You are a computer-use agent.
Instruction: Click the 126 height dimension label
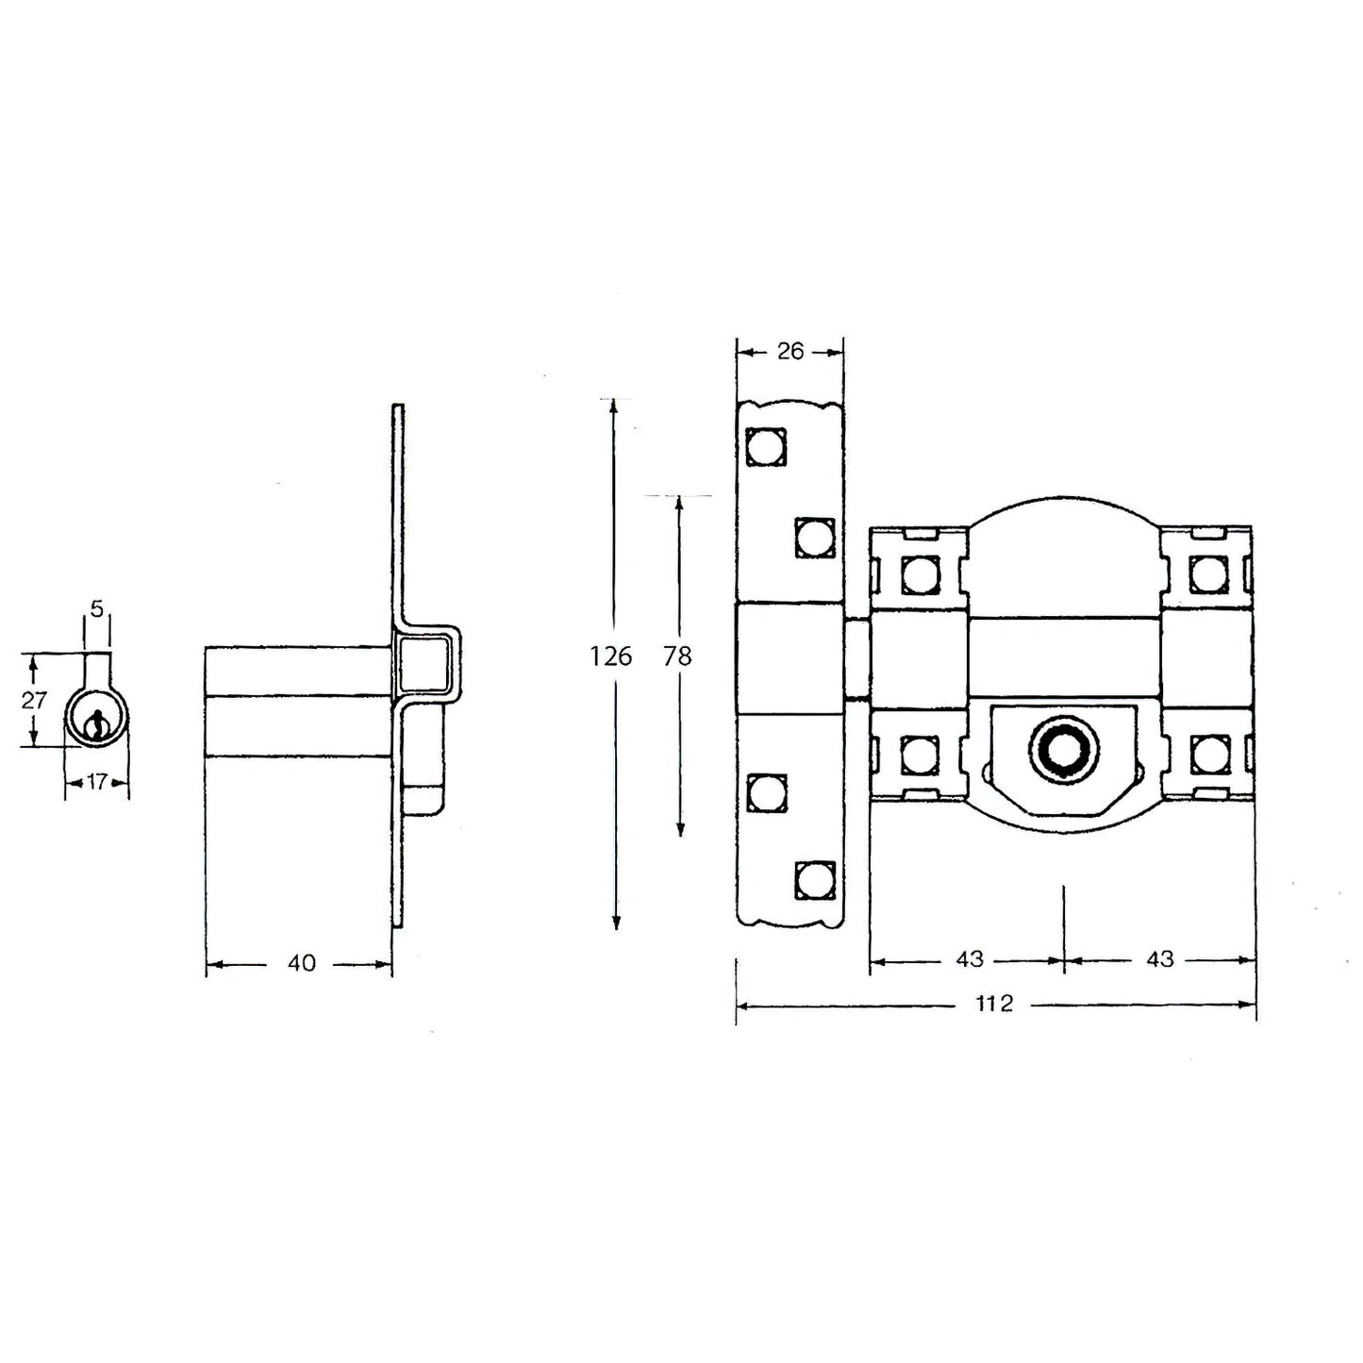(x=611, y=656)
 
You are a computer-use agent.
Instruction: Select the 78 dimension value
(x=677, y=656)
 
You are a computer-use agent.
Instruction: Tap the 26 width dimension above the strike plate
(x=790, y=352)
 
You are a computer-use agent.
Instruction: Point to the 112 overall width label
(x=994, y=1004)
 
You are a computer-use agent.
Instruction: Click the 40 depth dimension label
(x=301, y=963)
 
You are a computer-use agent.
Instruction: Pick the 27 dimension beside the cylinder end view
(x=34, y=700)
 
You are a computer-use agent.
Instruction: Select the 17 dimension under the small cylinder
(x=96, y=781)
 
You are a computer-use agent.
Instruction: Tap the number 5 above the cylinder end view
(x=96, y=608)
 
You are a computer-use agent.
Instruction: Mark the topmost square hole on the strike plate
(x=765, y=446)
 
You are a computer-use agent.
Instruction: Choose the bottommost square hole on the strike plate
(x=815, y=879)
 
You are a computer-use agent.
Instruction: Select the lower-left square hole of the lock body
(x=918, y=754)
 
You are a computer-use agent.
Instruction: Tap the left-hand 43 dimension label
(x=969, y=959)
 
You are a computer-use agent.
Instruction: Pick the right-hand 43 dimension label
(x=1159, y=959)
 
